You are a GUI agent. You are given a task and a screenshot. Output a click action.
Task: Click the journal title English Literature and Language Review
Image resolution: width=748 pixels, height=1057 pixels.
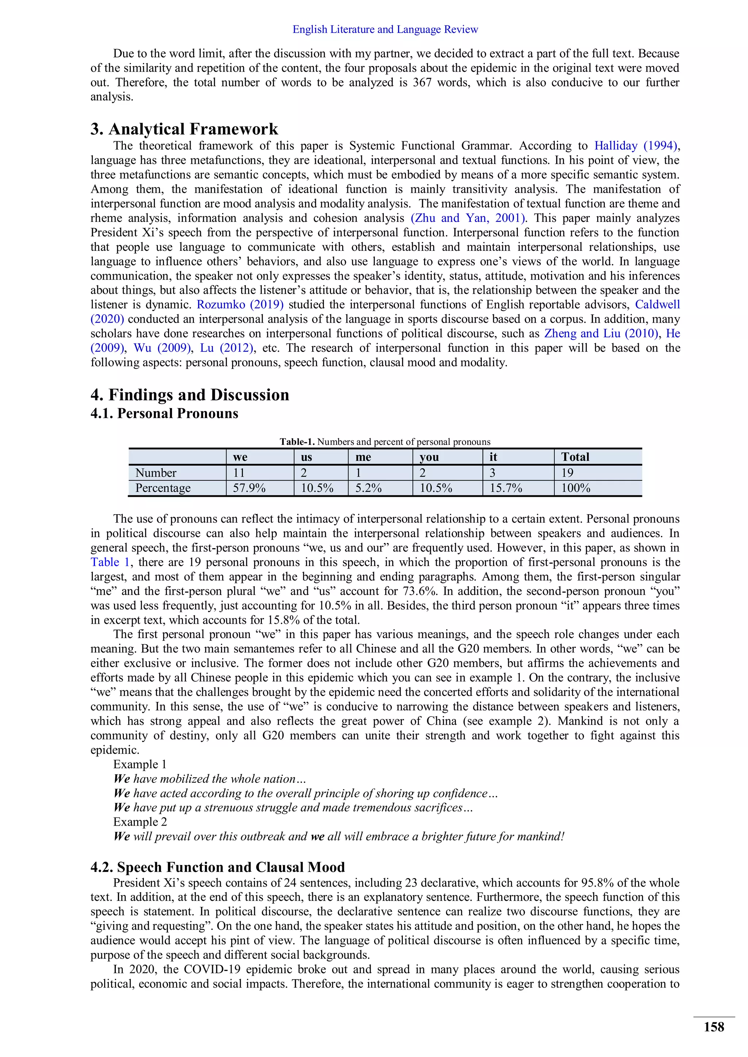tap(385, 30)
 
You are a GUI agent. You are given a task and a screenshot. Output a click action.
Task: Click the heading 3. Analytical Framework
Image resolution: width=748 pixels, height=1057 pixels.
tap(184, 129)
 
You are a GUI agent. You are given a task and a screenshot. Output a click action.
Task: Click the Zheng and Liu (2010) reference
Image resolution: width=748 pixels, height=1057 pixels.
tap(601, 334)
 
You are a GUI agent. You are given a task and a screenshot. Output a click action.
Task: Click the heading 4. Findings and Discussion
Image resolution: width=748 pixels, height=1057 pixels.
tap(190, 395)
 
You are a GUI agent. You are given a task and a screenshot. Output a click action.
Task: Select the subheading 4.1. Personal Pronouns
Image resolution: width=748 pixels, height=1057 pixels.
tap(164, 414)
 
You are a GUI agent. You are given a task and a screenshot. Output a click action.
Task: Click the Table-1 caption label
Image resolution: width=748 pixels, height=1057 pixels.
tap(297, 442)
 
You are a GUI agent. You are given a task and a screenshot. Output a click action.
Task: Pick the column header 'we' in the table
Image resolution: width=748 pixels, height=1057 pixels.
tap(240, 457)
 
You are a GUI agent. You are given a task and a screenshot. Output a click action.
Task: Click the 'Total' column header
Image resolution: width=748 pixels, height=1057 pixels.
tap(575, 457)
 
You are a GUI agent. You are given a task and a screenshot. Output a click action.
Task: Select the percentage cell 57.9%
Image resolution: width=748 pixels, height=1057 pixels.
tap(249, 488)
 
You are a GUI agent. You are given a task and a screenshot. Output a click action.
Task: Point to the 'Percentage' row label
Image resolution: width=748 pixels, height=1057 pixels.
tap(163, 488)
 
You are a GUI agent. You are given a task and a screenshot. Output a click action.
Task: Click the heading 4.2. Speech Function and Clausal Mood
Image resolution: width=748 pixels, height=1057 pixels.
tap(217, 867)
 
